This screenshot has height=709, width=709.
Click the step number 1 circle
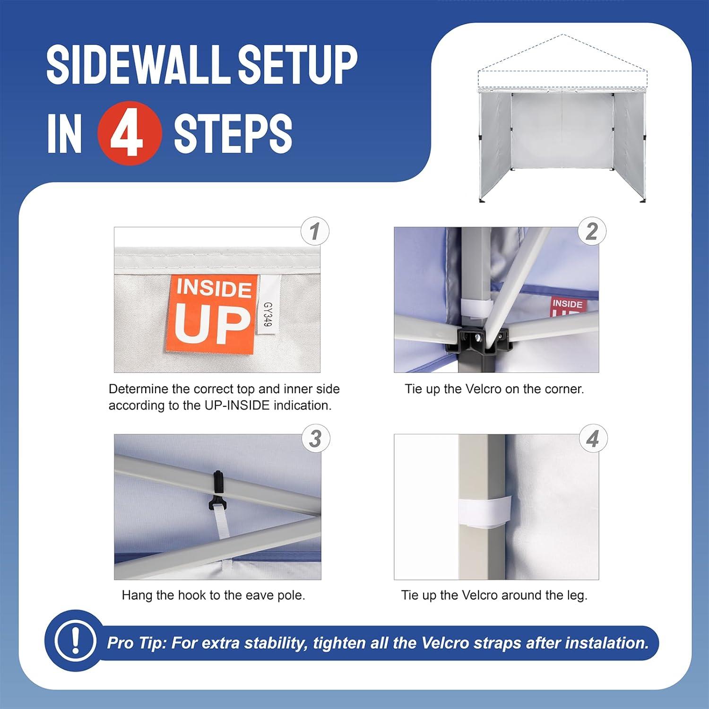(x=315, y=231)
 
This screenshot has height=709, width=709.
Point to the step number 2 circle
(x=592, y=231)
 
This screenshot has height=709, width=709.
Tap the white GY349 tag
(x=268, y=306)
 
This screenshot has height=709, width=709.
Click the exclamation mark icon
(x=74, y=640)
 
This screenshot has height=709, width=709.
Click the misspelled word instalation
(x=607, y=643)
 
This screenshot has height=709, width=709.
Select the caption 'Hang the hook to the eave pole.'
(x=213, y=595)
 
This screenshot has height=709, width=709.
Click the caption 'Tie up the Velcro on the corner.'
(x=494, y=389)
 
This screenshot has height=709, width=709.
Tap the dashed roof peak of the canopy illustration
(x=562, y=35)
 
